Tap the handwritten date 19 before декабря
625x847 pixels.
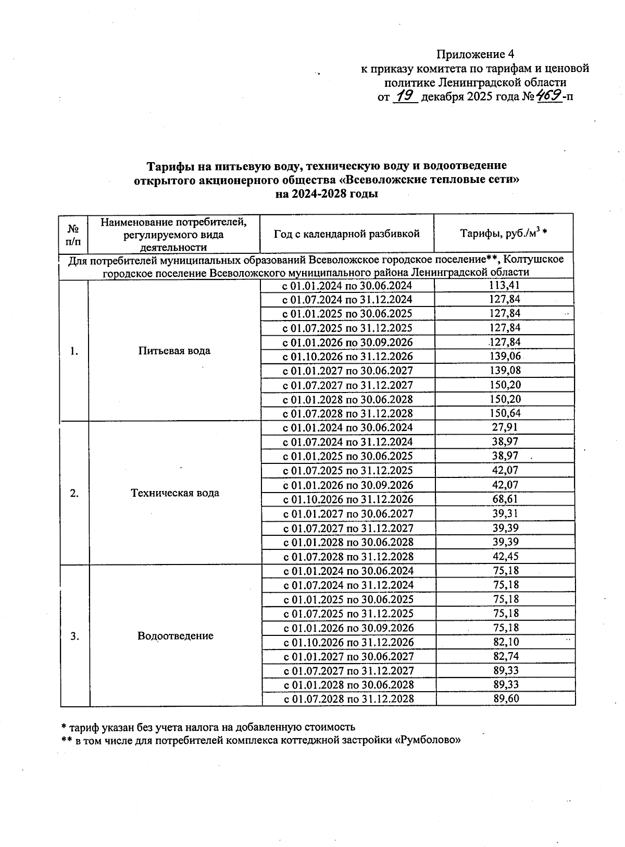(x=405, y=96)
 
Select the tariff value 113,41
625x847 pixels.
(x=504, y=285)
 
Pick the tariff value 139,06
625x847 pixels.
(x=504, y=357)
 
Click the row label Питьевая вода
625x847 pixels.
(x=174, y=351)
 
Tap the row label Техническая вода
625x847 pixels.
(x=175, y=493)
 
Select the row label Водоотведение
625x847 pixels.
(x=176, y=636)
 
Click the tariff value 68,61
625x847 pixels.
(x=505, y=499)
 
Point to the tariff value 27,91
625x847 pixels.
(x=505, y=427)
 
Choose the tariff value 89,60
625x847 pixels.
(x=506, y=698)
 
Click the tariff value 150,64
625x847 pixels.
(x=504, y=413)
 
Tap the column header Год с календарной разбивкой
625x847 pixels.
(x=347, y=234)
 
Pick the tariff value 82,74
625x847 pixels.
(x=506, y=656)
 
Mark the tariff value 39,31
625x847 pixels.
(x=505, y=513)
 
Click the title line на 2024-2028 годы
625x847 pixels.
(x=327, y=194)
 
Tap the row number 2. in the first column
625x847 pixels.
(x=74, y=493)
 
